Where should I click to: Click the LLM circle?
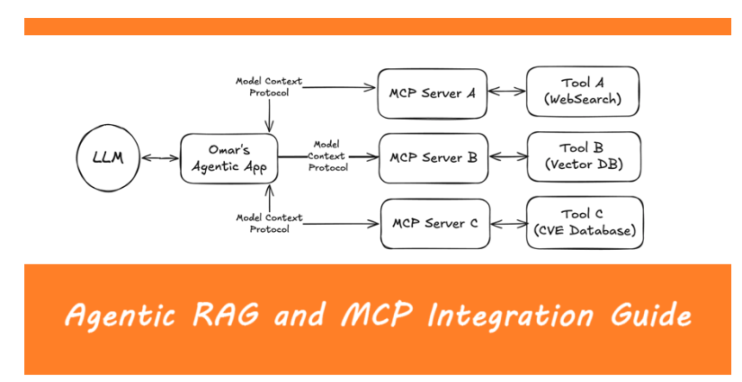(x=109, y=159)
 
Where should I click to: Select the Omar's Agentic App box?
(x=228, y=158)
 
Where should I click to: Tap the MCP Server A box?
(x=433, y=92)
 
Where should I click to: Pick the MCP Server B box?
(x=434, y=157)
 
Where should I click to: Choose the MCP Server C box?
(x=435, y=223)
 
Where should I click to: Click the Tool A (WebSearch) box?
(x=583, y=91)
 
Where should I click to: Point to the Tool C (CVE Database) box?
(x=585, y=223)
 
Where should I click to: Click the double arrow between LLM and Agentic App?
(x=160, y=159)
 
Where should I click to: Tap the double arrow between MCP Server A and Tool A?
(x=507, y=92)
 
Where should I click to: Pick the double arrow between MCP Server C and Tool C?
(x=509, y=223)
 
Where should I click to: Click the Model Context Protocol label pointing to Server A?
(x=269, y=86)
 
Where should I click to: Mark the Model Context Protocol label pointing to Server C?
(x=269, y=223)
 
